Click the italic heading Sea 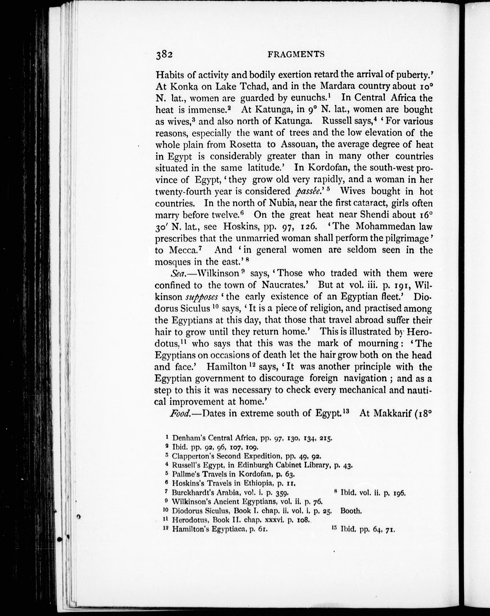coord(178,273)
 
